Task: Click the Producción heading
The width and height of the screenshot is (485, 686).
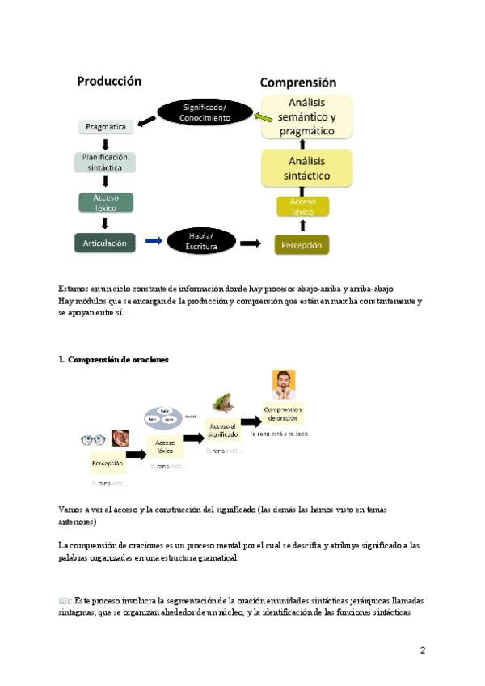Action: pos(109,81)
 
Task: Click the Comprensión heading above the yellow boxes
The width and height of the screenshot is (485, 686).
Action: pos(298,83)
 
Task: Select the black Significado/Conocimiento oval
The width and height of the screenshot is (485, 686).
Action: pos(205,112)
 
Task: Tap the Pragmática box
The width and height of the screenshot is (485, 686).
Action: pos(106,126)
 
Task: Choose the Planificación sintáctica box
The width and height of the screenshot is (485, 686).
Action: pos(105,162)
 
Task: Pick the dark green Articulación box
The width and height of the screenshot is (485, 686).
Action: pos(105,241)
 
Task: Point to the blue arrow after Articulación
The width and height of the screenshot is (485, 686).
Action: pos(153,240)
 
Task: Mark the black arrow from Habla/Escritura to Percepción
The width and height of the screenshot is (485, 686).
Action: pos(251,243)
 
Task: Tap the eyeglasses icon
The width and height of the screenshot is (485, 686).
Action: pos(94,440)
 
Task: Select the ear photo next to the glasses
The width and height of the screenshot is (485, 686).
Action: pos(120,438)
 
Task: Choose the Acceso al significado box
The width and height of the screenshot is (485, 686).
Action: pos(222,430)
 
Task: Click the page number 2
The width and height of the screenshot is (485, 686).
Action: pos(423,650)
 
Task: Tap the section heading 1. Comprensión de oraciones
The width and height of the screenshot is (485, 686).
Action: pos(114,360)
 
